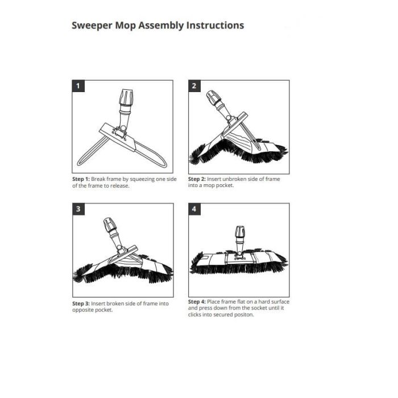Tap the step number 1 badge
click(78, 86)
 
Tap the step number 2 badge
click(195, 86)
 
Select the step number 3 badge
click(78, 210)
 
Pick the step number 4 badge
click(195, 210)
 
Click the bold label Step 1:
click(81, 179)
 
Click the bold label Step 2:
click(197, 179)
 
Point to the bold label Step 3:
click(81, 304)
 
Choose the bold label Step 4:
click(197, 301)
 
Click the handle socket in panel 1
click(125, 100)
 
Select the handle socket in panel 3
click(110, 226)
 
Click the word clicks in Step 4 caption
click(198, 314)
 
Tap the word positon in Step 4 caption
click(243, 314)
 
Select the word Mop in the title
click(133, 26)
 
